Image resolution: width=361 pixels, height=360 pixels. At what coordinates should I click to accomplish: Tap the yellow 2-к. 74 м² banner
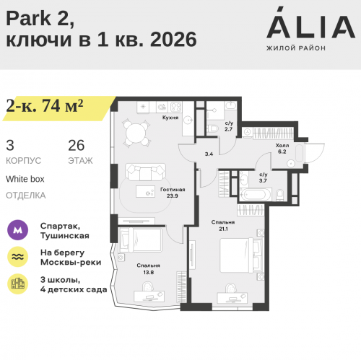[45, 105]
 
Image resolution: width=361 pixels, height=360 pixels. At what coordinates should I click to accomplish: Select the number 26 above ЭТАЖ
[76, 144]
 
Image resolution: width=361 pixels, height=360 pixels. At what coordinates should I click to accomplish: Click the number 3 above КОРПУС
[9, 144]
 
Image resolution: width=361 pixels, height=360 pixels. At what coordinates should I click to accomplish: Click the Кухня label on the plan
[170, 116]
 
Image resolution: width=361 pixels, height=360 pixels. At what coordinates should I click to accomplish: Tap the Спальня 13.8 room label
[148, 268]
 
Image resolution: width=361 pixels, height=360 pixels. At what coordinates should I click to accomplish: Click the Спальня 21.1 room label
[221, 225]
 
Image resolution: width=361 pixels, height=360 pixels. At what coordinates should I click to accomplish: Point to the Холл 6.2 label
[282, 149]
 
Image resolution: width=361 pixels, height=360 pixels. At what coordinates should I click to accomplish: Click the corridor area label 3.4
[209, 154]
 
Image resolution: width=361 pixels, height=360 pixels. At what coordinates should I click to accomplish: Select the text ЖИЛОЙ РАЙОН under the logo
[296, 48]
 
